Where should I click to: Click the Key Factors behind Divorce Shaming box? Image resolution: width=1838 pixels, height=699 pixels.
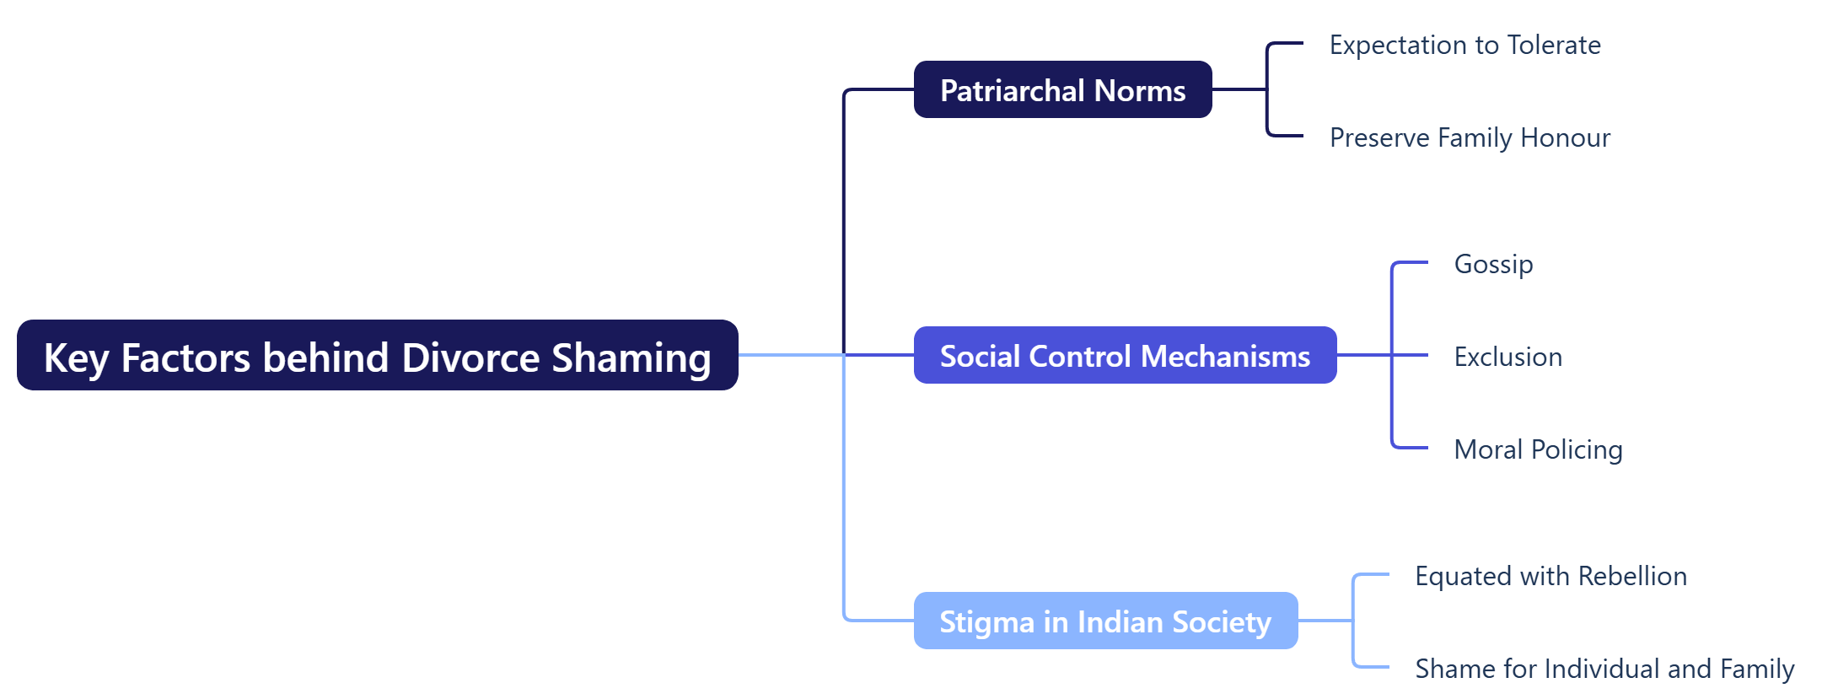[x=377, y=355]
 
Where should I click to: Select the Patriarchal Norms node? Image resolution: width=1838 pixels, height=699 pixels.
[x=1062, y=89]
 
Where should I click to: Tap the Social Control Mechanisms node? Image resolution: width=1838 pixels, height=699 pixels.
[x=1125, y=355]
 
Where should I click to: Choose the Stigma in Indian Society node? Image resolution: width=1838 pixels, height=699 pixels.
[x=1105, y=621]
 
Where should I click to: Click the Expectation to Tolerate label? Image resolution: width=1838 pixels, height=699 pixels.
[x=1464, y=45]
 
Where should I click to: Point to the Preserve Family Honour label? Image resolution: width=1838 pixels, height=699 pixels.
[x=1470, y=137]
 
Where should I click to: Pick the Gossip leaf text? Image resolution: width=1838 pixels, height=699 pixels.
[x=1493, y=264]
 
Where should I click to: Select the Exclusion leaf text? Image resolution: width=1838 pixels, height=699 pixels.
[x=1507, y=357]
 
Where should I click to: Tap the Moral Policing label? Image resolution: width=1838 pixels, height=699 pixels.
[x=1538, y=449]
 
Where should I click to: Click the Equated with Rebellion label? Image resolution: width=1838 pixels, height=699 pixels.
[x=1550, y=576]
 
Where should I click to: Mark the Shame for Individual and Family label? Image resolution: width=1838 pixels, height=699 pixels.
[x=1604, y=669]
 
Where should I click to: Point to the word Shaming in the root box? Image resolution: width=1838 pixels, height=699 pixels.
[x=631, y=358]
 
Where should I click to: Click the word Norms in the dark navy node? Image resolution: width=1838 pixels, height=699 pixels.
[x=1140, y=90]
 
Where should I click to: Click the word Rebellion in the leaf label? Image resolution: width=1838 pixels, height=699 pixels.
[x=1632, y=576]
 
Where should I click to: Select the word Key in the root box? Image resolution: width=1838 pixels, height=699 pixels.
[x=76, y=358]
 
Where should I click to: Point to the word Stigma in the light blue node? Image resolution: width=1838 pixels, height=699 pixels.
[x=986, y=622]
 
